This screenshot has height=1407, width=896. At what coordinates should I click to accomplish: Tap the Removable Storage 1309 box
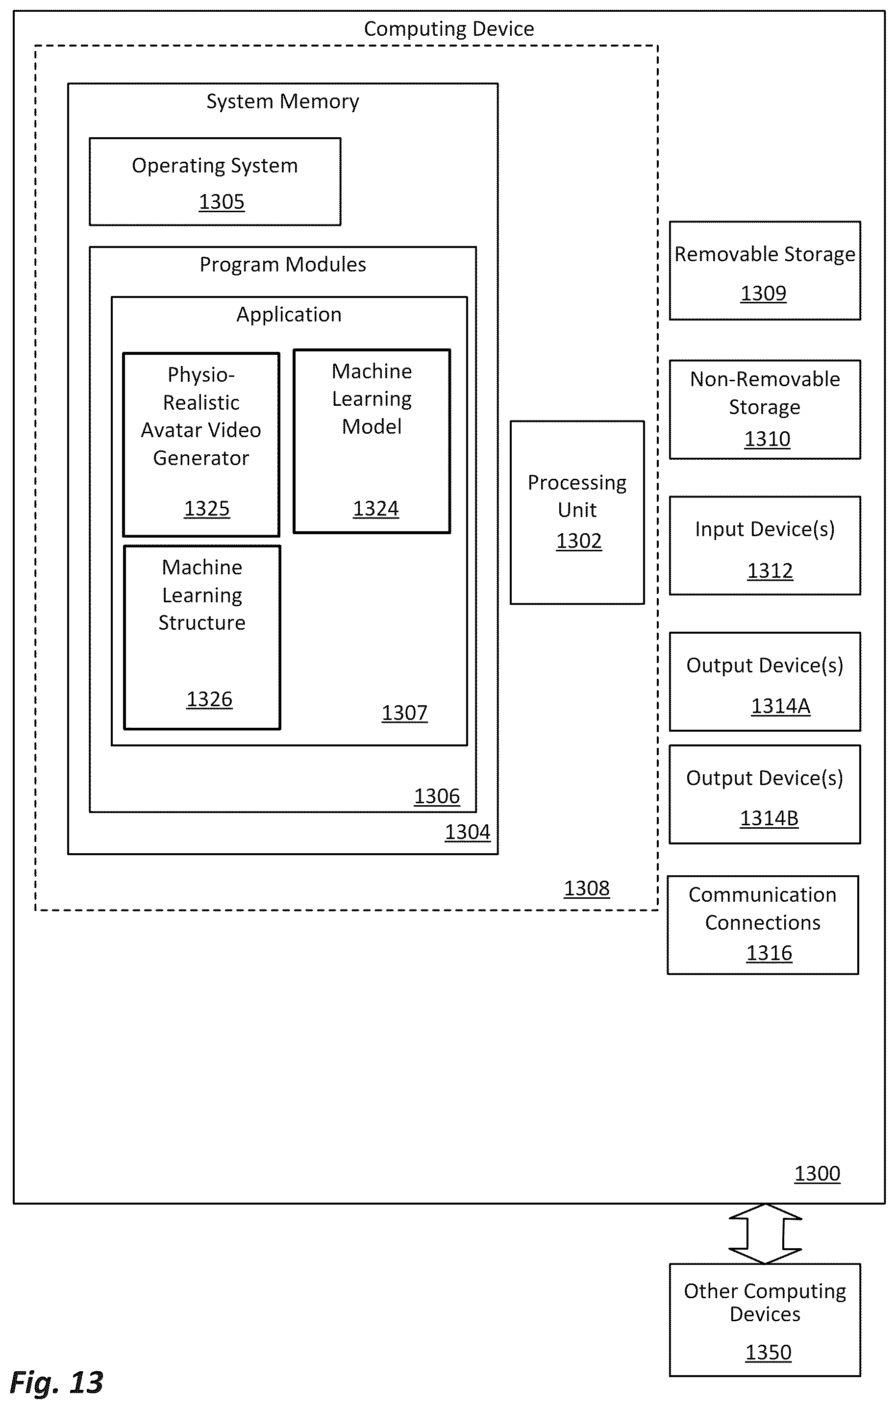tap(765, 270)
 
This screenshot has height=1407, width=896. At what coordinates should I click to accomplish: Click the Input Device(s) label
tap(765, 529)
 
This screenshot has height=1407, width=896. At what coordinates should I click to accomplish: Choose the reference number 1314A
tap(780, 706)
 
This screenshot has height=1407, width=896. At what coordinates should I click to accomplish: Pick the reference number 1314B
tap(769, 818)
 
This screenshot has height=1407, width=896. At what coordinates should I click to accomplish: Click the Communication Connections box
tap(763, 924)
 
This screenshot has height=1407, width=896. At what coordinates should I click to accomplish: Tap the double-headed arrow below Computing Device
tap(765, 1234)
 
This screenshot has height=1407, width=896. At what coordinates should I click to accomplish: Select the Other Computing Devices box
tap(765, 1320)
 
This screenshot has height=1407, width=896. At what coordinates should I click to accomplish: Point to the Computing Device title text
tap(449, 28)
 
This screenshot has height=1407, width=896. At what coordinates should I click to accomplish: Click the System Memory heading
tap(283, 101)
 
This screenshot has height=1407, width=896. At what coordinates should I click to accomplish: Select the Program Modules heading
tap(283, 265)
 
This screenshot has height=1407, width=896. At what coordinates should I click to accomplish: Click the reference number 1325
tap(207, 508)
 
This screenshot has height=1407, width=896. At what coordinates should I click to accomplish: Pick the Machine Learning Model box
tap(372, 441)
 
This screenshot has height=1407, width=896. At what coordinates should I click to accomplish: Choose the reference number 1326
tap(209, 699)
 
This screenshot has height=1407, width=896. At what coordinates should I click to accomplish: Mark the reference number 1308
tap(587, 888)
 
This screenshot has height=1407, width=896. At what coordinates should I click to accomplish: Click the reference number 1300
tap(817, 1173)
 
